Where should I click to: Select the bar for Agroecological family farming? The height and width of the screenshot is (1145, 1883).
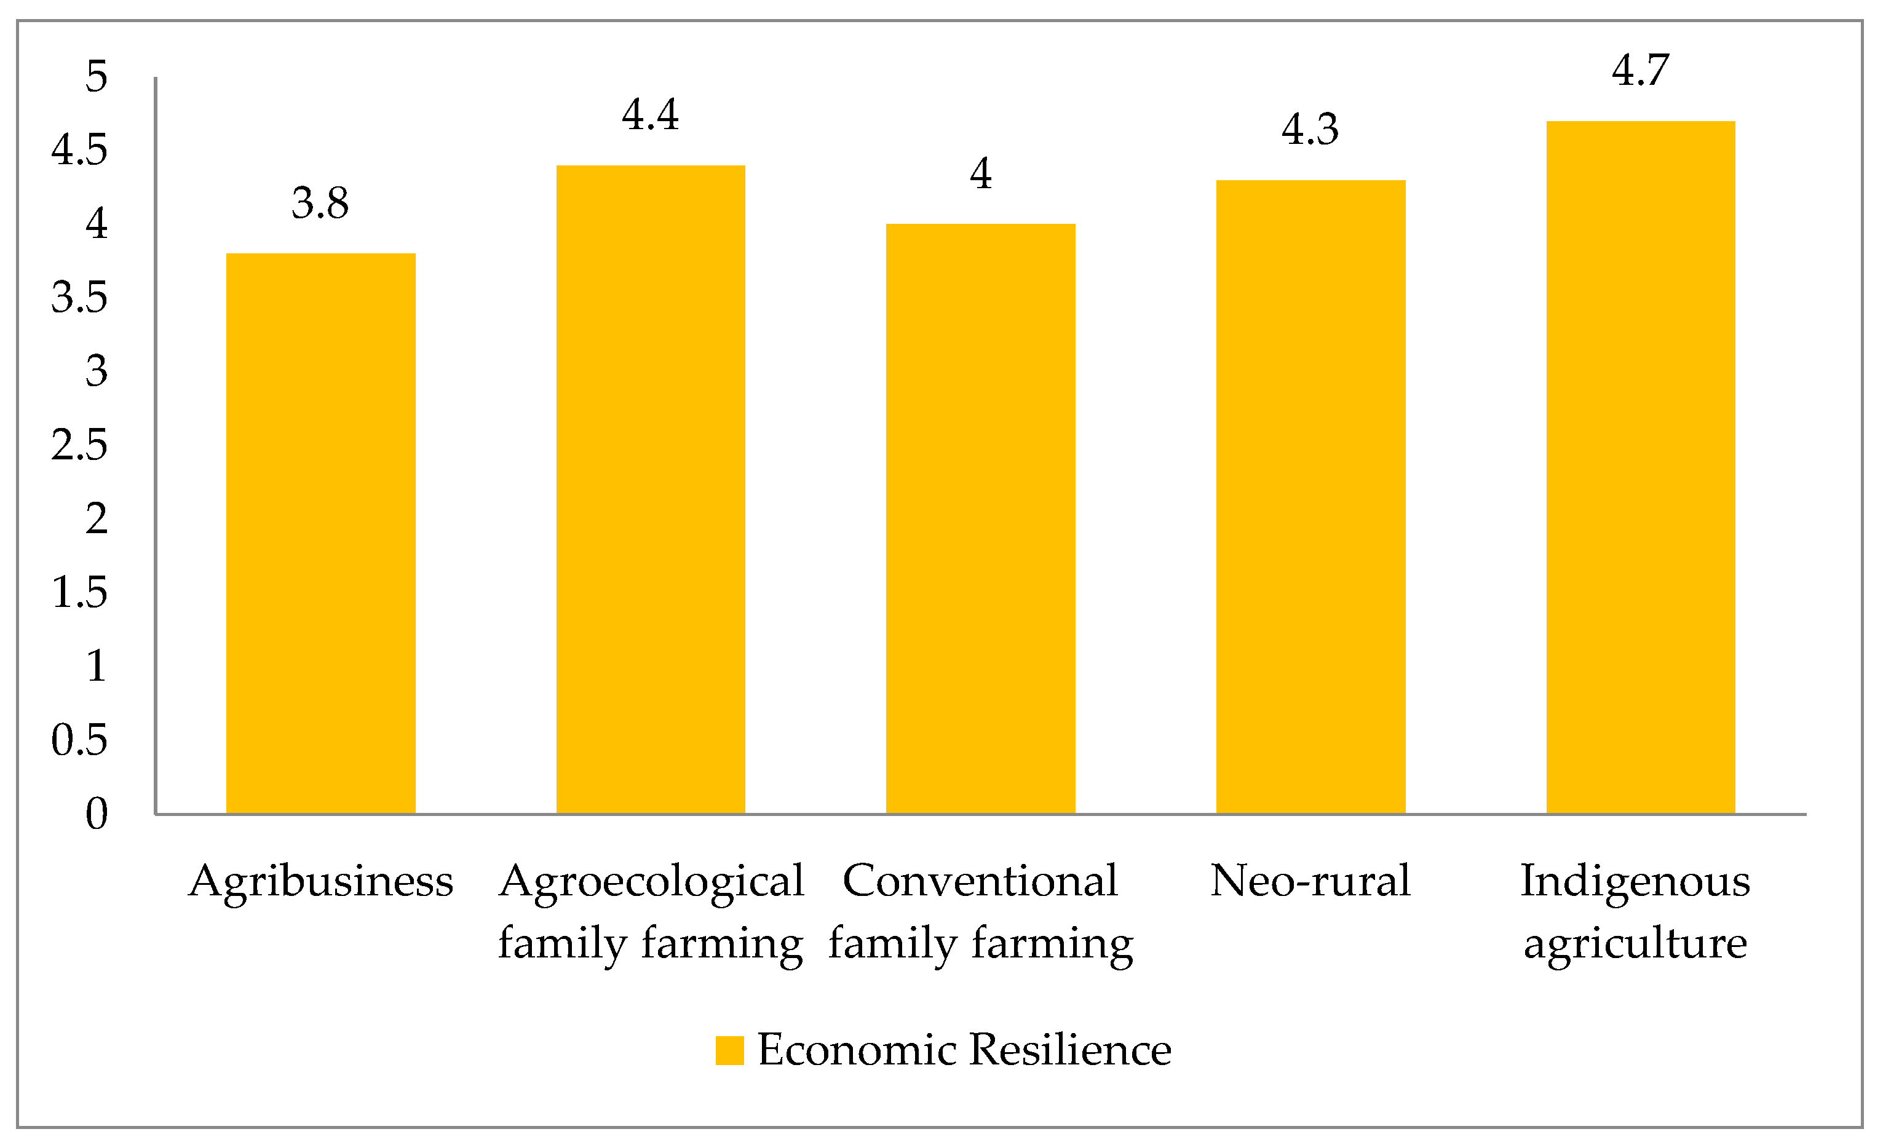[651, 489]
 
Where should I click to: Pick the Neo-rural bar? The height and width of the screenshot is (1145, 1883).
[1310, 497]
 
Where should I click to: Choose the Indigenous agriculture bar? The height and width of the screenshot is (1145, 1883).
[1641, 467]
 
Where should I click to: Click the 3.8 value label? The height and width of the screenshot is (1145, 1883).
[320, 204]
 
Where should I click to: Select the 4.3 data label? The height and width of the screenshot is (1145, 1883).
[1310, 129]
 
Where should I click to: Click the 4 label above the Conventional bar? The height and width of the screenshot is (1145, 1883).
[980, 173]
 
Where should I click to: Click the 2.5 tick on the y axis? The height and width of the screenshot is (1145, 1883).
[79, 445]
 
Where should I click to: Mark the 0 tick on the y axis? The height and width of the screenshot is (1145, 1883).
[97, 814]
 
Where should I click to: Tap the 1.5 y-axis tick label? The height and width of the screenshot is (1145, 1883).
[79, 592]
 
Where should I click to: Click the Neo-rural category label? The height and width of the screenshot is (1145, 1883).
[1310, 881]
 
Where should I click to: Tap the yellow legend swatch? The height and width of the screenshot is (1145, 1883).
[729, 1050]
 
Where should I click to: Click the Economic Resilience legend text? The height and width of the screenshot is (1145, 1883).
[964, 1050]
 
